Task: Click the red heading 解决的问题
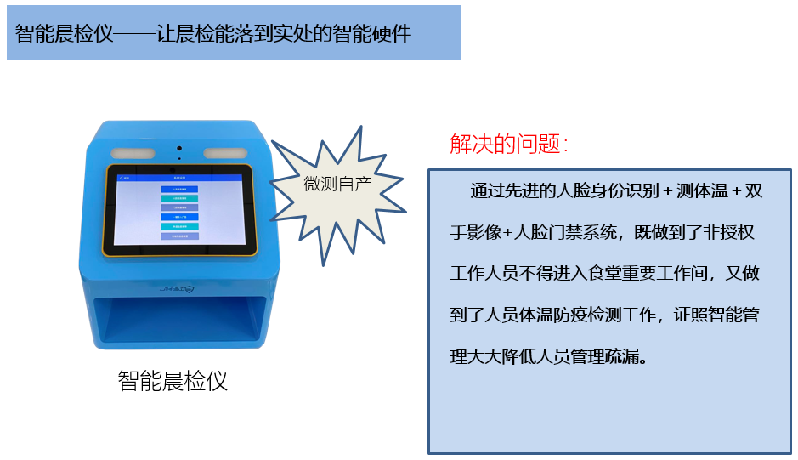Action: pos(507,144)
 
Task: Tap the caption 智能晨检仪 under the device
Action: pos(173,380)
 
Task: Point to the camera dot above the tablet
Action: pos(179,149)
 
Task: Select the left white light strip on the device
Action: pos(133,154)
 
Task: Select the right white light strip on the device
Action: pos(225,154)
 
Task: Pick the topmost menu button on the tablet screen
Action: pos(179,190)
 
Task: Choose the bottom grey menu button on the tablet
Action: pos(179,236)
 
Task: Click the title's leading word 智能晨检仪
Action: pos(64,34)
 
